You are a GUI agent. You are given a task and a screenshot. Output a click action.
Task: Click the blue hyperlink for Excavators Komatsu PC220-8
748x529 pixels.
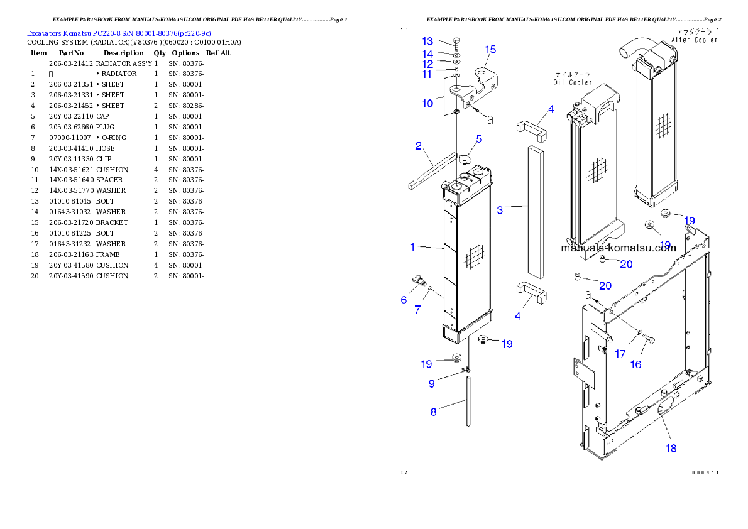pyautogui.click(x=119, y=33)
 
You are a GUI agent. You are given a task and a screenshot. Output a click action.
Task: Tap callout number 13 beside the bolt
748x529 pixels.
pyautogui.click(x=427, y=42)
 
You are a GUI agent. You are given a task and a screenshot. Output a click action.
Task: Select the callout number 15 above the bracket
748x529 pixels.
pyautogui.click(x=490, y=50)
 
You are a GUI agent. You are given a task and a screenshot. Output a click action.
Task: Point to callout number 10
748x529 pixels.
pyautogui.click(x=427, y=104)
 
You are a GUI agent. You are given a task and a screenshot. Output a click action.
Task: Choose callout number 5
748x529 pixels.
pyautogui.click(x=479, y=139)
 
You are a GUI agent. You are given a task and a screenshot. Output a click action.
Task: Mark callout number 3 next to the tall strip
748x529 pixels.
pyautogui.click(x=500, y=210)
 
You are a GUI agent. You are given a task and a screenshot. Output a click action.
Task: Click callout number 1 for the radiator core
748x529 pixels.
pyautogui.click(x=413, y=248)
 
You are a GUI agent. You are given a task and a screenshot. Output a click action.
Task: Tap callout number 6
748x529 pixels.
pyautogui.click(x=404, y=300)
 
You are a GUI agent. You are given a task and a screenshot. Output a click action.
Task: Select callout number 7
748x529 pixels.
pyautogui.click(x=417, y=310)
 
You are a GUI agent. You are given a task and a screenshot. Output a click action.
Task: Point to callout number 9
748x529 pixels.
pyautogui.click(x=432, y=383)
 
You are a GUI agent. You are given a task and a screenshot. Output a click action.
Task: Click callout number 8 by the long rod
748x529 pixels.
pyautogui.click(x=433, y=413)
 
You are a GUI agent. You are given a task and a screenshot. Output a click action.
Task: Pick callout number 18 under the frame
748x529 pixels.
pyautogui.click(x=671, y=449)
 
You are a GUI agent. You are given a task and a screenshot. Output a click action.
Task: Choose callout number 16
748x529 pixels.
pyautogui.click(x=635, y=364)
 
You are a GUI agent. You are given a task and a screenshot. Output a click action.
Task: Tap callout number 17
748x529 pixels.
pyautogui.click(x=620, y=354)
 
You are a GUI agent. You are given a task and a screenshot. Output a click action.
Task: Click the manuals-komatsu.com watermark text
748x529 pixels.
pyautogui.click(x=618, y=248)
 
